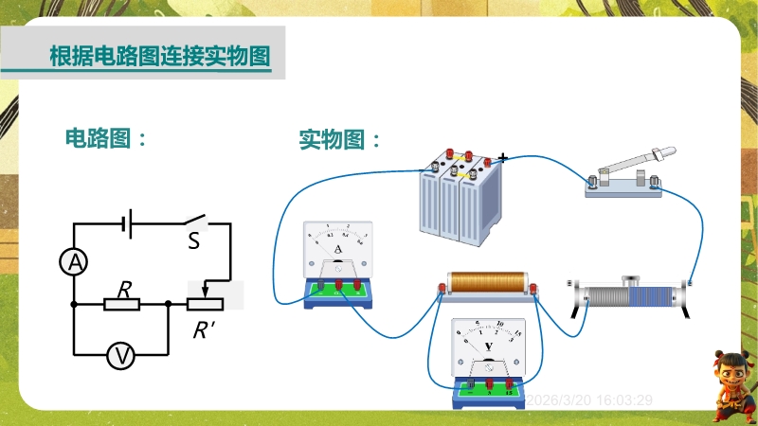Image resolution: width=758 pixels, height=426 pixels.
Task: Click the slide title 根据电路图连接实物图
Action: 159,55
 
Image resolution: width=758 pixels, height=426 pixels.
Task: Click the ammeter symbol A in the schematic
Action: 74,263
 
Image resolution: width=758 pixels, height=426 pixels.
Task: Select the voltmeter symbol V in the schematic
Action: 121,355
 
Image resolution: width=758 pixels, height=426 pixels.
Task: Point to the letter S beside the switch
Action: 193,241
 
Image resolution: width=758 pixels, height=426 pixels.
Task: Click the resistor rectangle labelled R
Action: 121,304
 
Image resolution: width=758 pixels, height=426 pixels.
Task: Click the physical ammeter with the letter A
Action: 337,264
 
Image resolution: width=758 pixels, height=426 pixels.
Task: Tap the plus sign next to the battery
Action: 502,157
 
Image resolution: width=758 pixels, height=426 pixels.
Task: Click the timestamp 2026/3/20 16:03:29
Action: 588,400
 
